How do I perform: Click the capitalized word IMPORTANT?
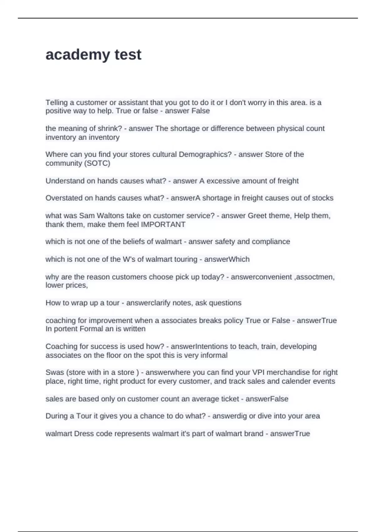[x=163, y=224]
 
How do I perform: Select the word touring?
[x=185, y=259]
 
